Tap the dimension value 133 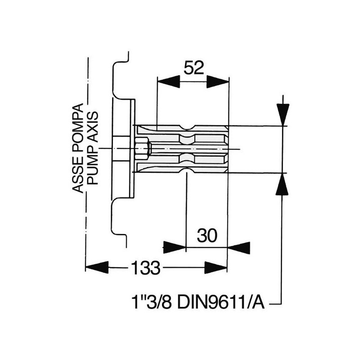146,269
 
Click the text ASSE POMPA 78,149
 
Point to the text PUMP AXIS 93,149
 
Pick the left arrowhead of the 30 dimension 175,247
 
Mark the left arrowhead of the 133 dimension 97,267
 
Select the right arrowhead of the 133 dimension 216,267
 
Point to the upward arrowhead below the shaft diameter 283,184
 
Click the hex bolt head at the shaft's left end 141,149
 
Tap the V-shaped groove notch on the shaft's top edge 187,128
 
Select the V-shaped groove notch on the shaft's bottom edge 187,170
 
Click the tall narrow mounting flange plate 132,149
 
